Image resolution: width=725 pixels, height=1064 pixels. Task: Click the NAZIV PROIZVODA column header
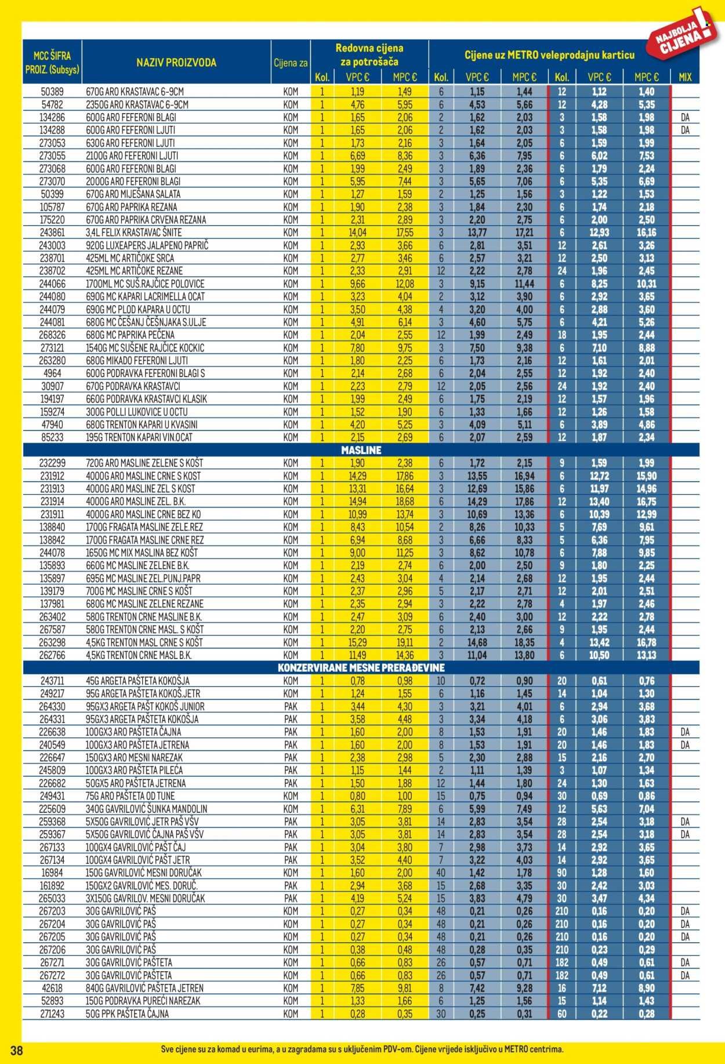[176, 63]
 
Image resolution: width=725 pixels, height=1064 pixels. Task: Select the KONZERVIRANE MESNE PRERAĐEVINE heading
[361, 668]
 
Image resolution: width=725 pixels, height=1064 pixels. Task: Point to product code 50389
[52, 92]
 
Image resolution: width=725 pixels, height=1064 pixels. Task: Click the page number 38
[16, 1051]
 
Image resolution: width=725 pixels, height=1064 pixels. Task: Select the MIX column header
[685, 77]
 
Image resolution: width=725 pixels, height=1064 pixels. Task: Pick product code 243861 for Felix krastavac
[52, 233]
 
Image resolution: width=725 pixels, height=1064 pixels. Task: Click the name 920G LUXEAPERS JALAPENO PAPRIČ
[147, 245]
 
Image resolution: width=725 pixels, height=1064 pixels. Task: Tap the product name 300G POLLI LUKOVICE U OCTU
[136, 412]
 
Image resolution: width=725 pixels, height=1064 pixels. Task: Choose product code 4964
[52, 373]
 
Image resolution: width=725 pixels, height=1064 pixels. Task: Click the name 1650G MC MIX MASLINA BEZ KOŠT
[142, 553]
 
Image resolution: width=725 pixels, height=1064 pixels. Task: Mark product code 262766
[52, 655]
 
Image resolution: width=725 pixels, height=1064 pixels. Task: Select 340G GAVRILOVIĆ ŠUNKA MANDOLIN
[146, 809]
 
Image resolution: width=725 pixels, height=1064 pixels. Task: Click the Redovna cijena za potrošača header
[369, 55]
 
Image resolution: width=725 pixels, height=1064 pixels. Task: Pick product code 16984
[52, 873]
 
